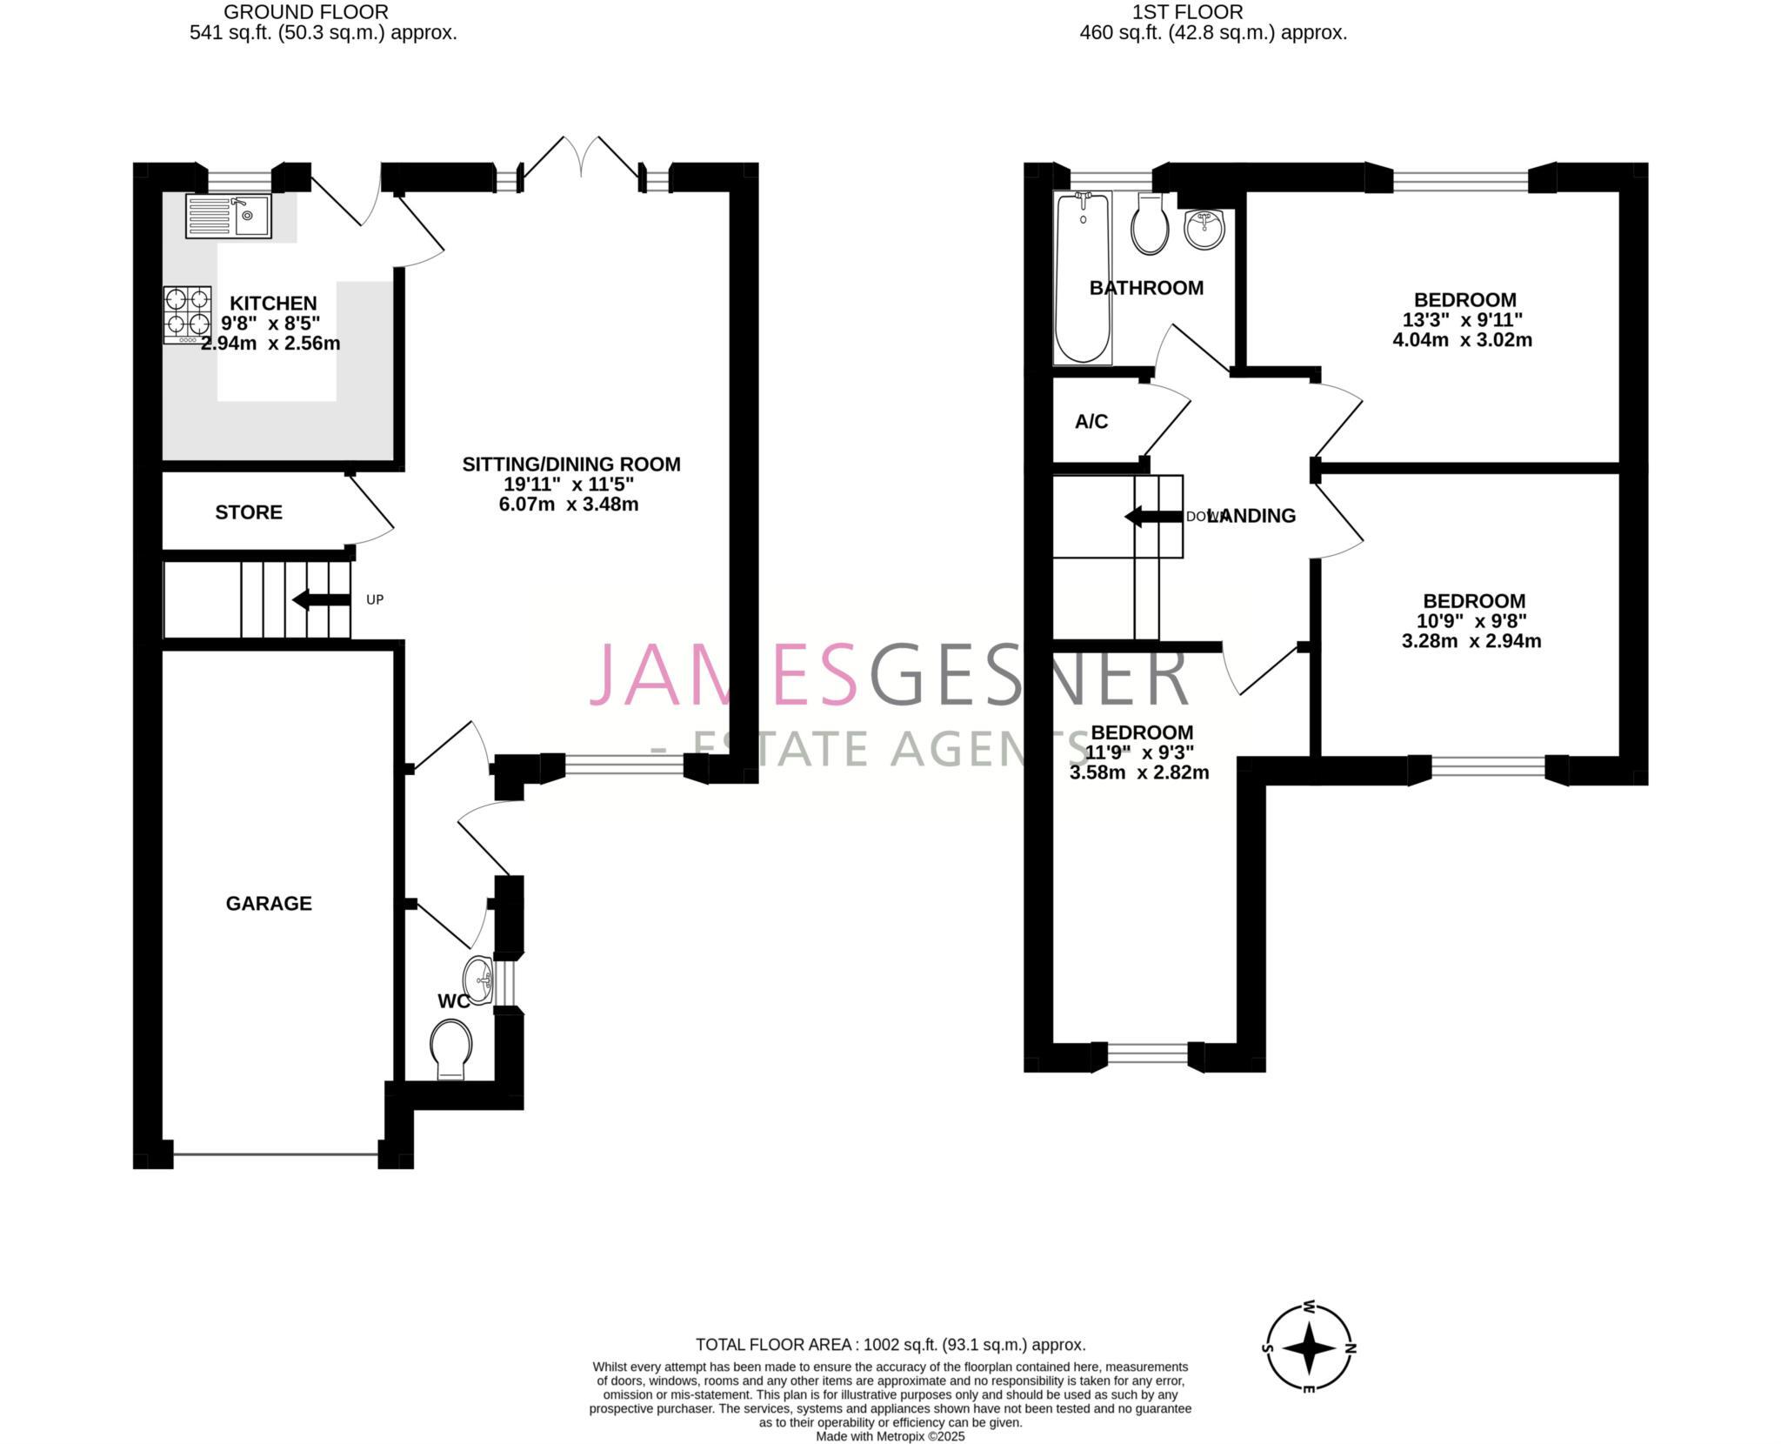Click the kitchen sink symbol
point(229,216)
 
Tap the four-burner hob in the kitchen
point(187,315)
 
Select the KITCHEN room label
point(273,304)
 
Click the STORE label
point(249,512)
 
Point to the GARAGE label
point(269,904)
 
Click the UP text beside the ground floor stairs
point(375,599)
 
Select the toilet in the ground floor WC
point(451,1048)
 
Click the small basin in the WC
point(478,980)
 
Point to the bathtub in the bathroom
point(1083,278)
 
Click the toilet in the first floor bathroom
point(1150,224)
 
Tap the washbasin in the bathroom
point(1204,229)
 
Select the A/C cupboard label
point(1091,422)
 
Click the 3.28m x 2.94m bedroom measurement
point(1471,642)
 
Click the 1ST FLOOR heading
point(1187,12)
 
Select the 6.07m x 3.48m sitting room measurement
point(569,505)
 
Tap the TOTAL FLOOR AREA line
point(890,1345)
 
